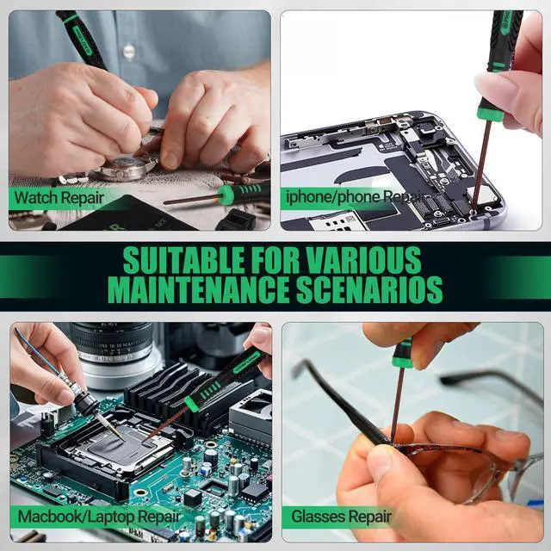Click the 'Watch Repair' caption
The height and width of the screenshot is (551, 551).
59,197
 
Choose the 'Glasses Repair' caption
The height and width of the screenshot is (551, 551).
342,517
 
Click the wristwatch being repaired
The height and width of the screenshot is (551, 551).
127,166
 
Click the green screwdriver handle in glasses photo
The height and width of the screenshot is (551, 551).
402,353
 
